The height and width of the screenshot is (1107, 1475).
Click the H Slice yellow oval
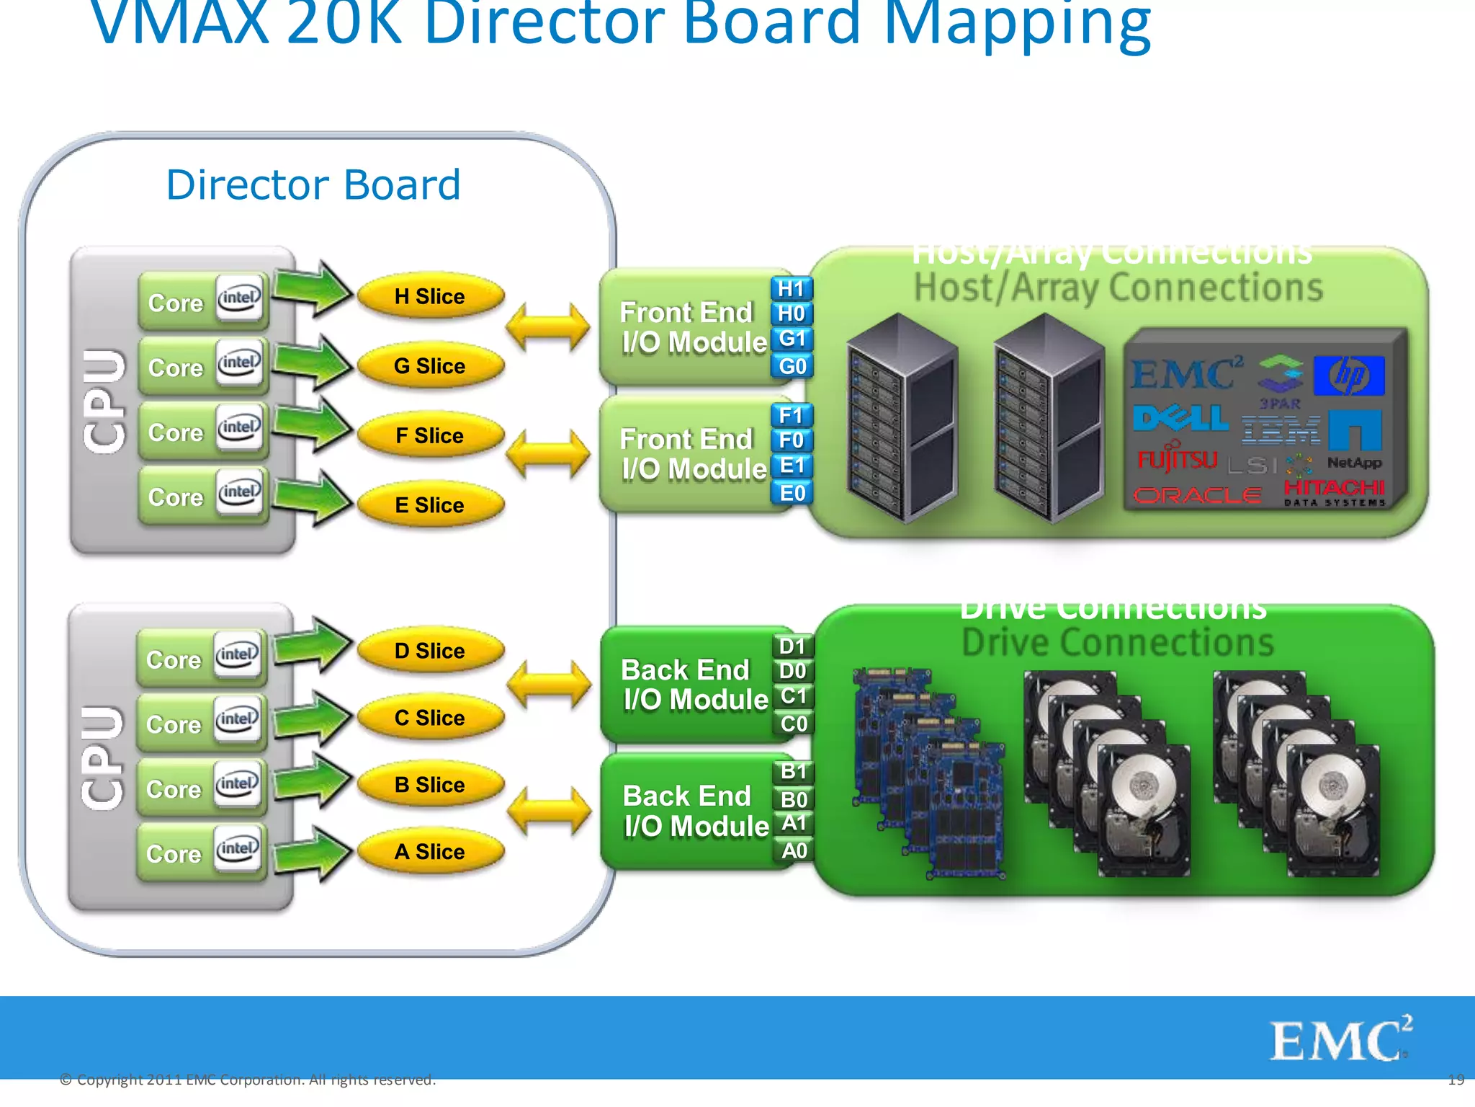(x=430, y=296)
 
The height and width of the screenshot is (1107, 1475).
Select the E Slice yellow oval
(x=430, y=504)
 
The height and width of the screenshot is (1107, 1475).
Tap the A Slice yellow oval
(x=430, y=851)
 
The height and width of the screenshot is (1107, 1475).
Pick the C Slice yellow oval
(x=430, y=717)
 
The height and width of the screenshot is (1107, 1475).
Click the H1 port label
(x=791, y=288)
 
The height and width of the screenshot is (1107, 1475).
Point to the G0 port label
(x=792, y=366)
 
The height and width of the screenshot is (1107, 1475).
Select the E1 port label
(x=792, y=466)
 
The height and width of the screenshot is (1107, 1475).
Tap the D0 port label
(x=793, y=671)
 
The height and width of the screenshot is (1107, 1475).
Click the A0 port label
(x=794, y=850)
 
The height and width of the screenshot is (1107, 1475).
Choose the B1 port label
(x=794, y=771)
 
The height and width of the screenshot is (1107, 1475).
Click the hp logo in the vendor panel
(x=1348, y=375)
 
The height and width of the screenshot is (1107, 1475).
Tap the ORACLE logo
(x=1197, y=495)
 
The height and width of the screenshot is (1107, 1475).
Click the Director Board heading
(x=313, y=184)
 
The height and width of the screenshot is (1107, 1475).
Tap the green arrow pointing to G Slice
(x=311, y=361)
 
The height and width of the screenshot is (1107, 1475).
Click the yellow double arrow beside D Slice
(x=549, y=683)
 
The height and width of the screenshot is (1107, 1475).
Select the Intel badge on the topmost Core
(x=240, y=297)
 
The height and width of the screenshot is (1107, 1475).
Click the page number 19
(x=1456, y=1080)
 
